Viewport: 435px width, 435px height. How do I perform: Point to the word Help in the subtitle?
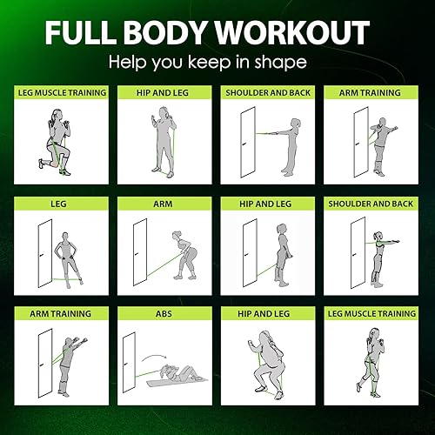126,63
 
